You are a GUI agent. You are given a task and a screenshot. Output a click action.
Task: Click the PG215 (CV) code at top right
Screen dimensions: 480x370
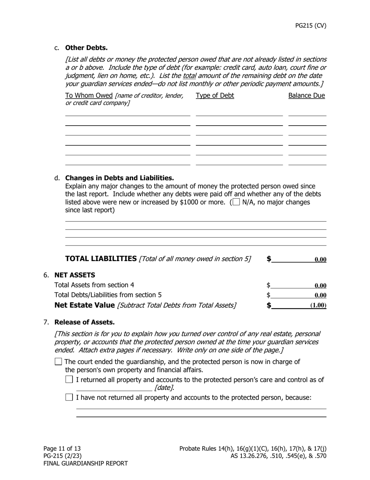point(310,26)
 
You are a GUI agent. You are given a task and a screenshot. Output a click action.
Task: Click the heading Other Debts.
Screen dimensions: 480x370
point(86,48)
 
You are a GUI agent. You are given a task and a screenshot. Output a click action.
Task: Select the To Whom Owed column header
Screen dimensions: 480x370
point(89,96)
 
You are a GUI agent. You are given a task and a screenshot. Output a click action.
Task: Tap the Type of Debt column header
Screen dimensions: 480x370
point(215,96)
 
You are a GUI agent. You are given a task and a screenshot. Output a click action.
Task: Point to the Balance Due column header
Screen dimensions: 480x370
point(307,96)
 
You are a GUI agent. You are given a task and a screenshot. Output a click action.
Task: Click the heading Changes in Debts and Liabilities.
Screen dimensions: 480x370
point(119,178)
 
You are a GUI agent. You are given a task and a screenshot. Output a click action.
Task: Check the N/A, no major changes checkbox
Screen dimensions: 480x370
point(236,202)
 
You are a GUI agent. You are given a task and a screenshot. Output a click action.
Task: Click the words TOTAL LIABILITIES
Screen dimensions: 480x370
point(101,259)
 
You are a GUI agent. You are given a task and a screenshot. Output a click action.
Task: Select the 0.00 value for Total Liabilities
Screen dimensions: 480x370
point(320,260)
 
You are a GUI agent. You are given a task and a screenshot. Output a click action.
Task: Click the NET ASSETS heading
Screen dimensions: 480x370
point(74,275)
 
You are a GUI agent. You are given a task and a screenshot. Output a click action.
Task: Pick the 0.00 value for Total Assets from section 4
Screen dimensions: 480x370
point(320,286)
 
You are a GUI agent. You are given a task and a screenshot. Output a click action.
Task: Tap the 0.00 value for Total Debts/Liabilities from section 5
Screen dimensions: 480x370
point(320,295)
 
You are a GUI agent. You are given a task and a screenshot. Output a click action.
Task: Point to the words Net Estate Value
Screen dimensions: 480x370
point(85,305)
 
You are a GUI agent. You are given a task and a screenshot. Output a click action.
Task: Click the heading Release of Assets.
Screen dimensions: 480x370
point(85,322)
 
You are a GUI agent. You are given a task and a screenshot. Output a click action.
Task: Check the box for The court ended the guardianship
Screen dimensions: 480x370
point(58,362)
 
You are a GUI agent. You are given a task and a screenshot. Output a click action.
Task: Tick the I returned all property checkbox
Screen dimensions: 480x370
point(69,379)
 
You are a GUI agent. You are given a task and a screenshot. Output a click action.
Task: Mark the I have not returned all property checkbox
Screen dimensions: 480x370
point(69,397)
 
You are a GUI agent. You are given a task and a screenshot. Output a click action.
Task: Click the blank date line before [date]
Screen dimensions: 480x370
point(114,388)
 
